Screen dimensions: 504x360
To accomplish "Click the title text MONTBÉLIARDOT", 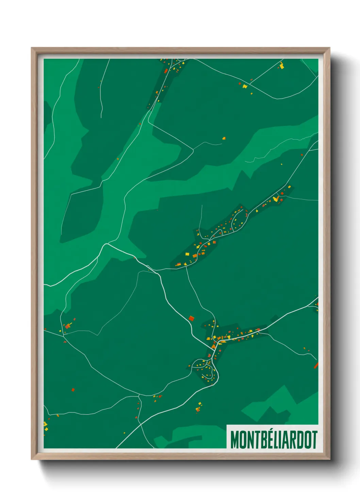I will coord(274,439).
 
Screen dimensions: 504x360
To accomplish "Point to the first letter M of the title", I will coord(234,440).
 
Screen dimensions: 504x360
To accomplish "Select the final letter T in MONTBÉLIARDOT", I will coord(315,440).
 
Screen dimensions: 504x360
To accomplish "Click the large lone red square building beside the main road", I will coord(191,318).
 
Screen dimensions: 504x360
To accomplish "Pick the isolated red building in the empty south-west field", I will coord(73,390).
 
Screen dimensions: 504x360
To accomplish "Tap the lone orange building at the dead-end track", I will coord(224,138).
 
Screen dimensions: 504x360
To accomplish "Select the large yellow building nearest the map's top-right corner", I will coord(281,66).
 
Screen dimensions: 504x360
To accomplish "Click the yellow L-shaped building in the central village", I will coord(276,198).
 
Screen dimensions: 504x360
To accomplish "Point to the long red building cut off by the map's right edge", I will coord(316,366).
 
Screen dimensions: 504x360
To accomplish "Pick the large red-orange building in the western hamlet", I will coord(67,326).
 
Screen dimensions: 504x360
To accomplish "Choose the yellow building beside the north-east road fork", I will coord(245,86).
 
